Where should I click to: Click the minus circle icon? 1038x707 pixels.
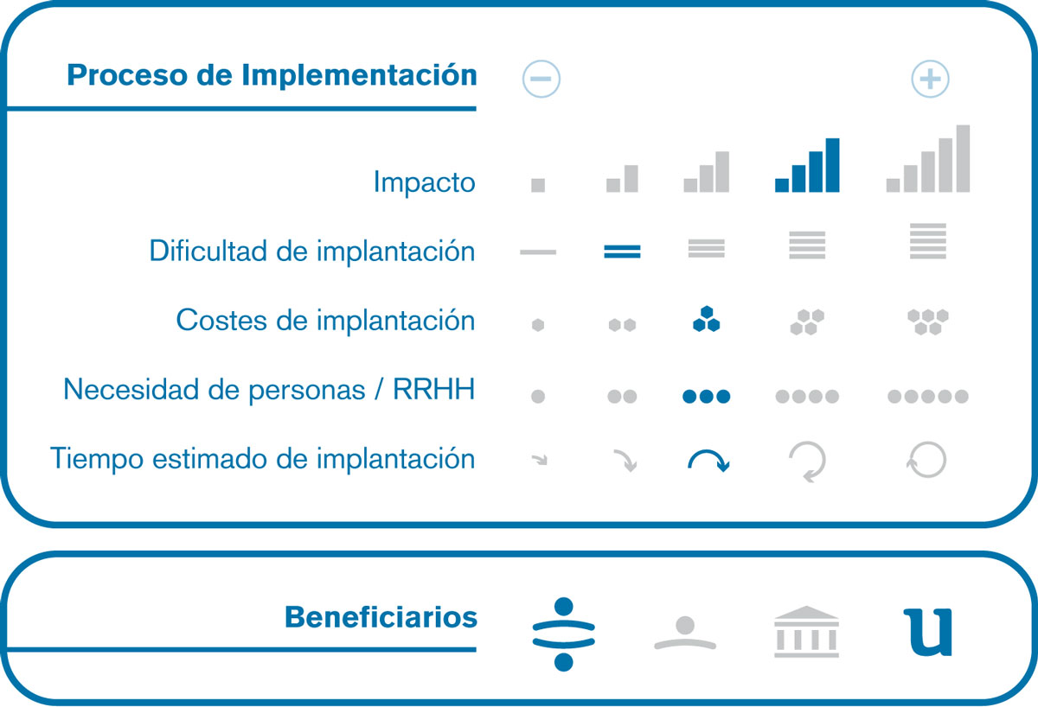(541, 79)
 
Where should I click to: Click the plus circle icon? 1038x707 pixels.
(930, 79)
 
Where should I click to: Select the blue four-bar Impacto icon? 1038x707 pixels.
(807, 165)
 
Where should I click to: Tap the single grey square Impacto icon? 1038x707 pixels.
(538, 185)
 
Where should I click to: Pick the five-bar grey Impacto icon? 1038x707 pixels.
(927, 158)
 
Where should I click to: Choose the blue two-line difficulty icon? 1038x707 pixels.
(622, 252)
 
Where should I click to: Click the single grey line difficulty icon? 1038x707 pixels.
(538, 252)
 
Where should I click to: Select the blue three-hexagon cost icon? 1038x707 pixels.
(706, 319)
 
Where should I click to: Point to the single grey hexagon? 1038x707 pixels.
(538, 325)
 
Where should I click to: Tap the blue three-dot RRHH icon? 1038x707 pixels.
(706, 397)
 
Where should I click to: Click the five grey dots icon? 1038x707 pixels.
(927, 397)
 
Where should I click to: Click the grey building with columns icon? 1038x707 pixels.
(806, 632)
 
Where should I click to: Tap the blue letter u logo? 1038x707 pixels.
(927, 632)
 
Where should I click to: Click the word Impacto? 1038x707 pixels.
(424, 182)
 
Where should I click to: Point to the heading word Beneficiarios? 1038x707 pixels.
(381, 617)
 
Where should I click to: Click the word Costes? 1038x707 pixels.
(221, 320)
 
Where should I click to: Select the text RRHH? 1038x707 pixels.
(433, 389)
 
